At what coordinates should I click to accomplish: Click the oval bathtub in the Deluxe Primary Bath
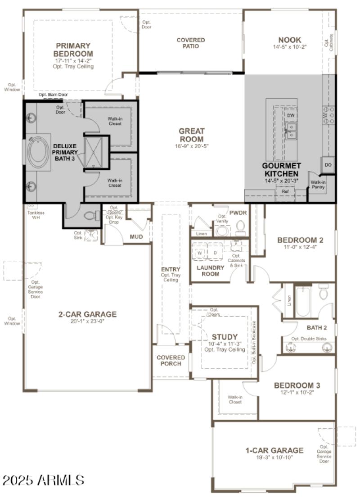click(38, 152)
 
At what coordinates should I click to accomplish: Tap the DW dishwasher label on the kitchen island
click(291, 115)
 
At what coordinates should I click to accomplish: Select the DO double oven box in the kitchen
click(328, 165)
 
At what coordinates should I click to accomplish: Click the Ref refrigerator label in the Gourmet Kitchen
click(285, 191)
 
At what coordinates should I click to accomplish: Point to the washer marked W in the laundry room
click(199, 253)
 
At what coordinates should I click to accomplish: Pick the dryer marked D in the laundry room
click(215, 253)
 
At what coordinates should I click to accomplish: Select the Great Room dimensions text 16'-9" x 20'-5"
click(191, 146)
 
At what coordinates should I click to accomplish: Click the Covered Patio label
click(191, 43)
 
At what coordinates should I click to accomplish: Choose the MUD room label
click(136, 236)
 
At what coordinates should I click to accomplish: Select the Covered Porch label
click(171, 361)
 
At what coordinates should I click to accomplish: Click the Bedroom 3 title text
click(297, 385)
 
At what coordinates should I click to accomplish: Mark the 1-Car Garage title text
click(274, 450)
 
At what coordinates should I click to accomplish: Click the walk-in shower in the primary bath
click(96, 152)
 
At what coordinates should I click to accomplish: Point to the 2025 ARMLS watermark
click(43, 480)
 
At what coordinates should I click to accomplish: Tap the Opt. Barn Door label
click(53, 95)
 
